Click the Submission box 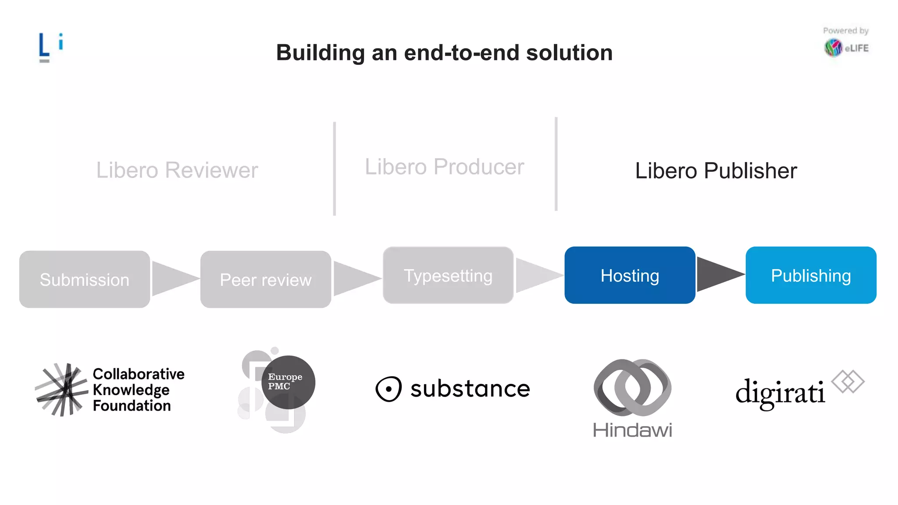pos(84,279)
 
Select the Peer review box pos(265,279)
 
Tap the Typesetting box pos(448,275)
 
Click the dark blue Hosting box pos(629,275)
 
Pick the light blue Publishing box pos(810,275)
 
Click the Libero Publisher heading pos(716,171)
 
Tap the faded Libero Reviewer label pos(177,170)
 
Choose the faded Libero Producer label pos(444,167)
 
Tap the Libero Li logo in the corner pos(50,46)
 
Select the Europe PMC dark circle pos(288,382)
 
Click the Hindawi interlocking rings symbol pos(632,388)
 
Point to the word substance pos(470,389)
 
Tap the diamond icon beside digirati pos(848,381)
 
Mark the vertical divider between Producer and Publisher pos(556,164)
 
